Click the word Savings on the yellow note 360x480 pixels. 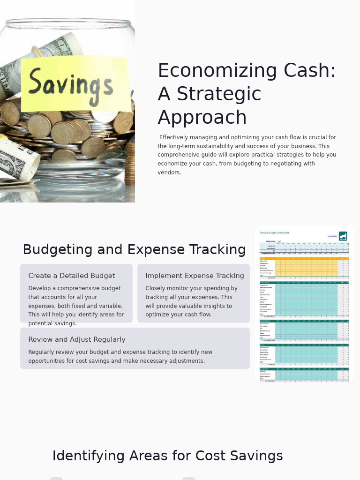pos(70,85)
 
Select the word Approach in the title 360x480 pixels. pos(202,118)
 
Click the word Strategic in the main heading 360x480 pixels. pos(218,94)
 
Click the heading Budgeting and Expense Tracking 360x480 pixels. pos(134,250)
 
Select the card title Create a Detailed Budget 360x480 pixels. pos(71,276)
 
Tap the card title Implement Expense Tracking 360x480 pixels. pos(195,276)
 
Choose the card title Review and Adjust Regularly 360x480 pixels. pos(77,340)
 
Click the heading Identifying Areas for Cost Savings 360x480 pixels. pos(167,456)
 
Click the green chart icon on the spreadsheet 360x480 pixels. pos(343,236)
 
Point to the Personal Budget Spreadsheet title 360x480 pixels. pos(275,233)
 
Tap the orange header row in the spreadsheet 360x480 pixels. pos(304,258)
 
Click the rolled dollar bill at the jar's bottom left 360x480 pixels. pos(19,161)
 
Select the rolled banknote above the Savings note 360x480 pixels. pos(52,51)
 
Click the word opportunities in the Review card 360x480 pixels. pos(48,361)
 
